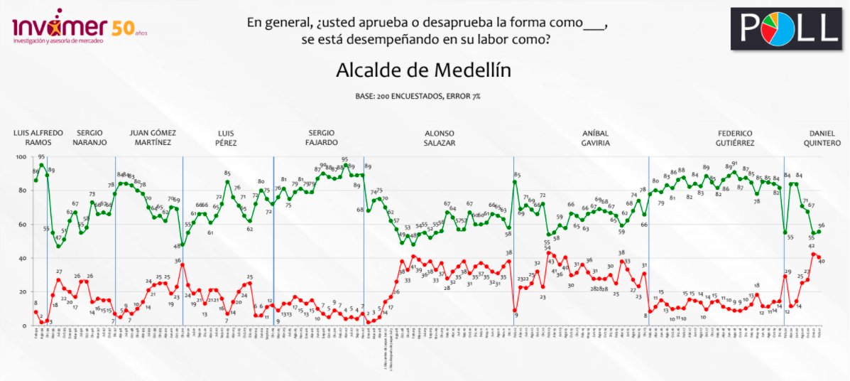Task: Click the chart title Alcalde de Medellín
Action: [x=424, y=71]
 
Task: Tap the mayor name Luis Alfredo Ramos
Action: [x=38, y=138]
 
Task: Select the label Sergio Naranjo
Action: [x=91, y=138]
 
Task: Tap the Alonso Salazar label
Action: [x=439, y=138]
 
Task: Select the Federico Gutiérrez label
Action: [x=735, y=138]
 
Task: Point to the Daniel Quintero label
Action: [x=822, y=138]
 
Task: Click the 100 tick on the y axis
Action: [x=21, y=156]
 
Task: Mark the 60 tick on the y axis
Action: [x=23, y=225]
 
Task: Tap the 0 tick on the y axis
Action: [x=25, y=326]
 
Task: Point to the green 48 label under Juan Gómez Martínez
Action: [x=176, y=246]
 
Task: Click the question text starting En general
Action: [x=427, y=30]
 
